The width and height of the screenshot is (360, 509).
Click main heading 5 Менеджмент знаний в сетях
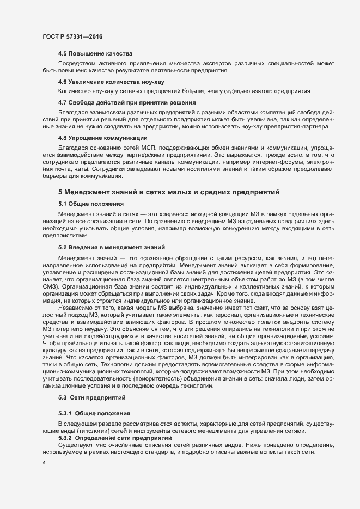coord(169,192)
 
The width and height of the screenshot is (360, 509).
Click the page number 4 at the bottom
coord(44,463)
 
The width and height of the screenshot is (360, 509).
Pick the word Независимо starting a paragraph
coord(75,308)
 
